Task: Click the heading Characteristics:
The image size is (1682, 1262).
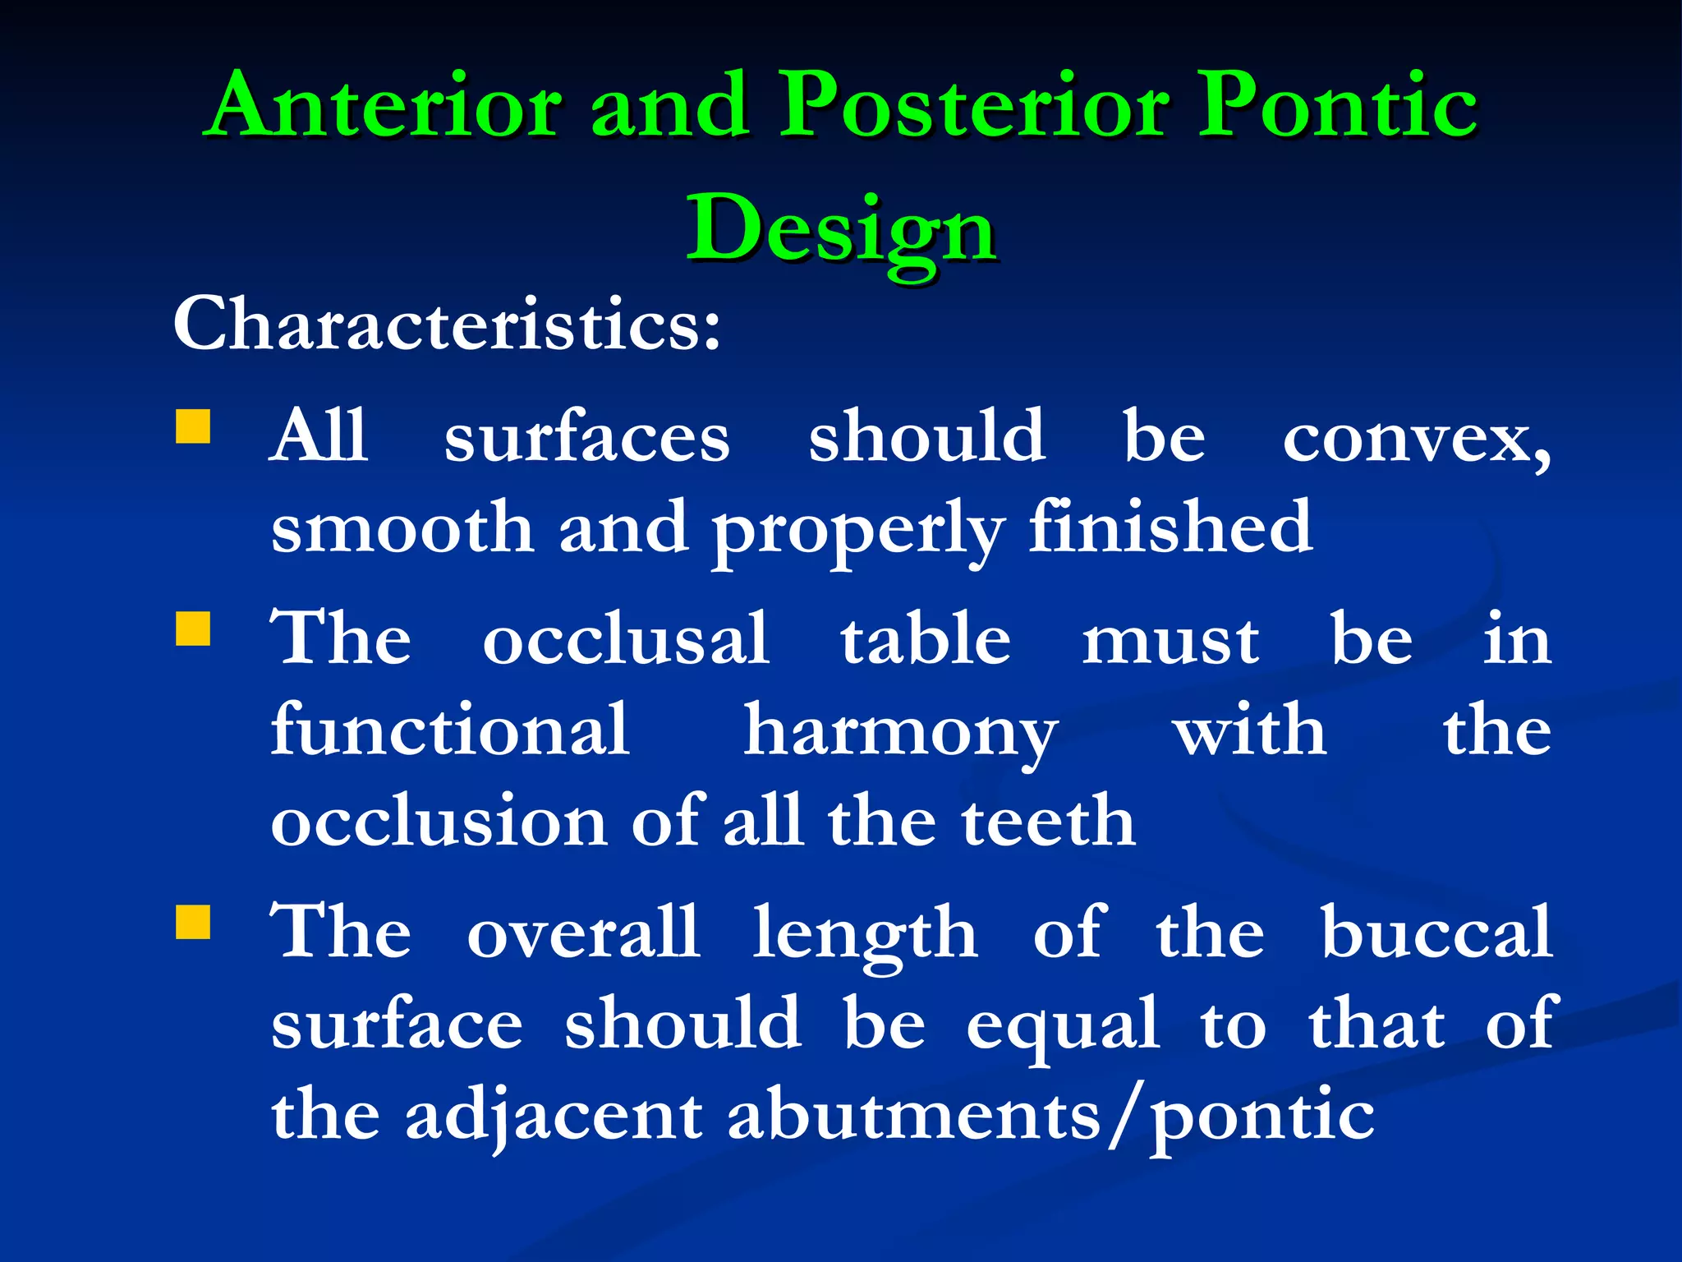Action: click(447, 324)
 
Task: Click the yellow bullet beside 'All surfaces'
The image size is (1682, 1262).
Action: click(193, 426)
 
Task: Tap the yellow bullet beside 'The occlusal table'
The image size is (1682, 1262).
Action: click(193, 629)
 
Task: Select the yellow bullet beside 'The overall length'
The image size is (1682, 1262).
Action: click(193, 922)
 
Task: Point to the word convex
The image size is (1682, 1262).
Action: click(1416, 437)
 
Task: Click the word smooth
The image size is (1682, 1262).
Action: click(402, 528)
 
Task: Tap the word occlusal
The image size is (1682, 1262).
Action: click(626, 638)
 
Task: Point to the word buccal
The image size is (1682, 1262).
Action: click(1436, 932)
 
